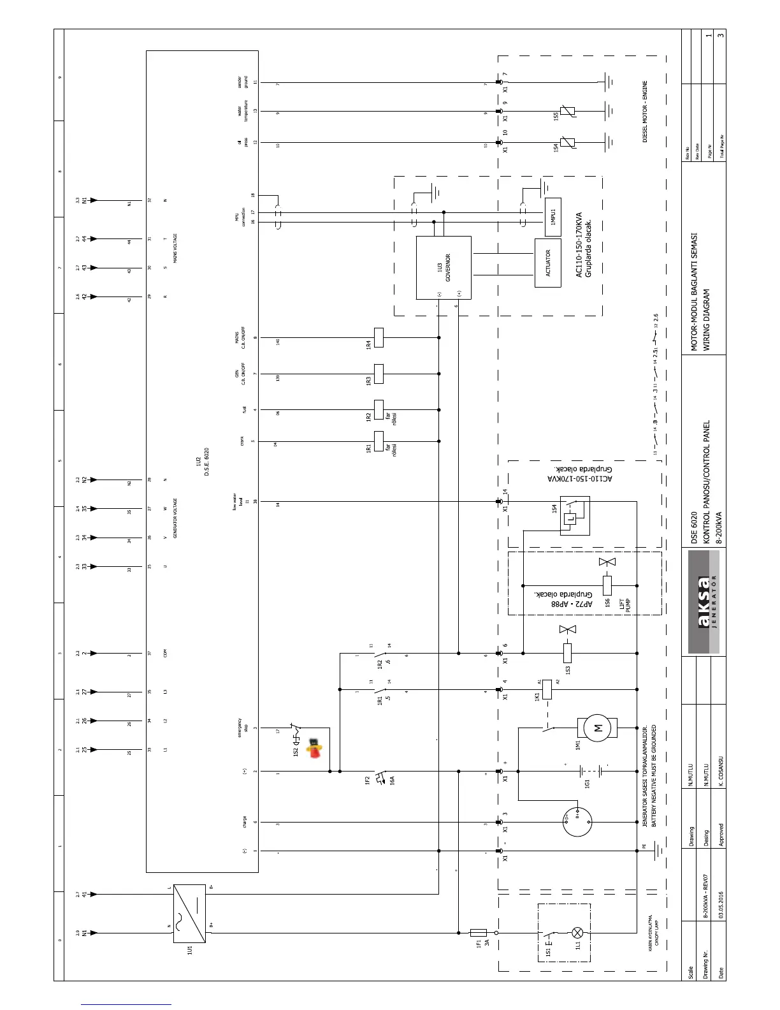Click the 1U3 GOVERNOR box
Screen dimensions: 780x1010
[x=444, y=268]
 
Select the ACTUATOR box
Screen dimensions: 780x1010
[x=547, y=262]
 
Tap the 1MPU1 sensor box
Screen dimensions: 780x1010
[x=552, y=217]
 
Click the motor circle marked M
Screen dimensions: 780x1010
[x=597, y=728]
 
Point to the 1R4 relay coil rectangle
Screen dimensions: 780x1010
[x=379, y=338]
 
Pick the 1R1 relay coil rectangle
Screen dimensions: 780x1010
[x=379, y=441]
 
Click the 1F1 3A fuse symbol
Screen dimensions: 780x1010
[x=478, y=932]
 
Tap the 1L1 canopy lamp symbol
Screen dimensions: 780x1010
[x=578, y=932]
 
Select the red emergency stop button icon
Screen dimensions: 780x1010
[x=314, y=747]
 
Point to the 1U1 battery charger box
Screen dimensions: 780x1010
[x=189, y=913]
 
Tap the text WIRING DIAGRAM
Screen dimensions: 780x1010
[x=706, y=321]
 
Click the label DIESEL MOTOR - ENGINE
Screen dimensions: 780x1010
[x=645, y=112]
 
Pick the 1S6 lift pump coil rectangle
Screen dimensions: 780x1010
[x=607, y=585]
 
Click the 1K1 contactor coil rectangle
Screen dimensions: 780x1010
[x=546, y=689]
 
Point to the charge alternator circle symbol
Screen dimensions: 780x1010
[x=577, y=822]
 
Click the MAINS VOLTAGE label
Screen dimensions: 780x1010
[x=175, y=249]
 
